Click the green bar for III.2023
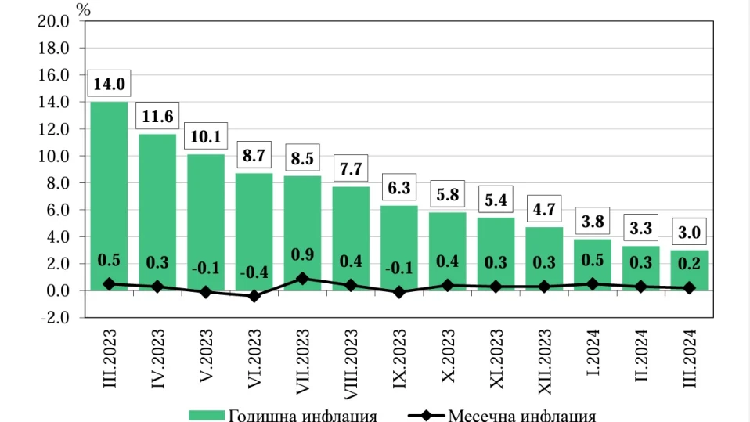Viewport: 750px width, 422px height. [109, 196]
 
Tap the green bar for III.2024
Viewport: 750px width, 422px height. [690, 269]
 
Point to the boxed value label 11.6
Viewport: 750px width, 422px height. [157, 117]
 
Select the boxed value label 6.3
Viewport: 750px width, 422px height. [399, 188]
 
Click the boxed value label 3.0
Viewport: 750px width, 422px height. [690, 233]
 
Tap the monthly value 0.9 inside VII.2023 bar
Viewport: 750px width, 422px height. [302, 254]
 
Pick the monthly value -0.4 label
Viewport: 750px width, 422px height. [254, 272]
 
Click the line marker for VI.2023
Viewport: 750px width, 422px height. [254, 296]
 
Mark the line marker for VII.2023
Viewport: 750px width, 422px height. [302, 279]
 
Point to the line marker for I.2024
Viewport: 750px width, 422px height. [593, 284]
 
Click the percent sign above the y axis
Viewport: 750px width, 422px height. [83, 9]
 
